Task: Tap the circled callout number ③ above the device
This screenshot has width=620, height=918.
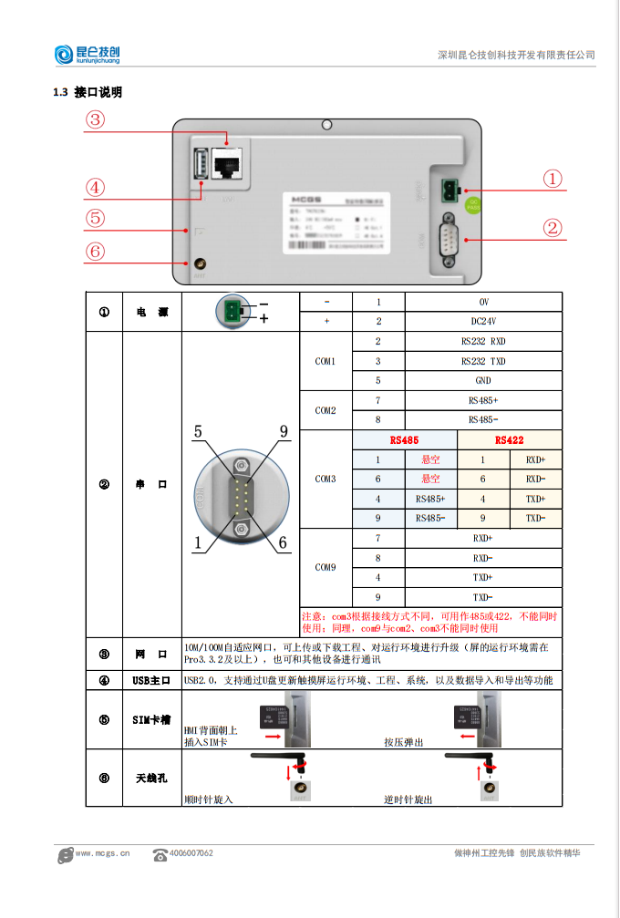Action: pos(96,119)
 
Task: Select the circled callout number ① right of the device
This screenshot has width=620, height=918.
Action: pos(552,179)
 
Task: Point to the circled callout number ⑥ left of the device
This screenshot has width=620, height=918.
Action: pos(96,251)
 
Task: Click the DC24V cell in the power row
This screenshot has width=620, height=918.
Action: pos(483,321)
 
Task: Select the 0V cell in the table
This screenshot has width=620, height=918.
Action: pos(483,302)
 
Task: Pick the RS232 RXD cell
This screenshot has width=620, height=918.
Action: pos(483,341)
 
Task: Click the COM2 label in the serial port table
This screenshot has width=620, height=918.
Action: pos(325,410)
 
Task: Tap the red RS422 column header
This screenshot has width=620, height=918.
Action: pos(509,439)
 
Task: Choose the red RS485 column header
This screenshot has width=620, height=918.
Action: pos(404,439)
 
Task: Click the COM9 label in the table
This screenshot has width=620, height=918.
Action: pos(325,567)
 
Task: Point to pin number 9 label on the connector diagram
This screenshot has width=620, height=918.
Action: pos(284,431)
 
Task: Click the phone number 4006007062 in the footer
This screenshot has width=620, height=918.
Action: pos(191,853)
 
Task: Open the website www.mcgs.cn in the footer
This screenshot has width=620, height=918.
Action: pos(103,853)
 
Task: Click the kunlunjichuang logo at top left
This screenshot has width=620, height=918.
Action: pos(87,55)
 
